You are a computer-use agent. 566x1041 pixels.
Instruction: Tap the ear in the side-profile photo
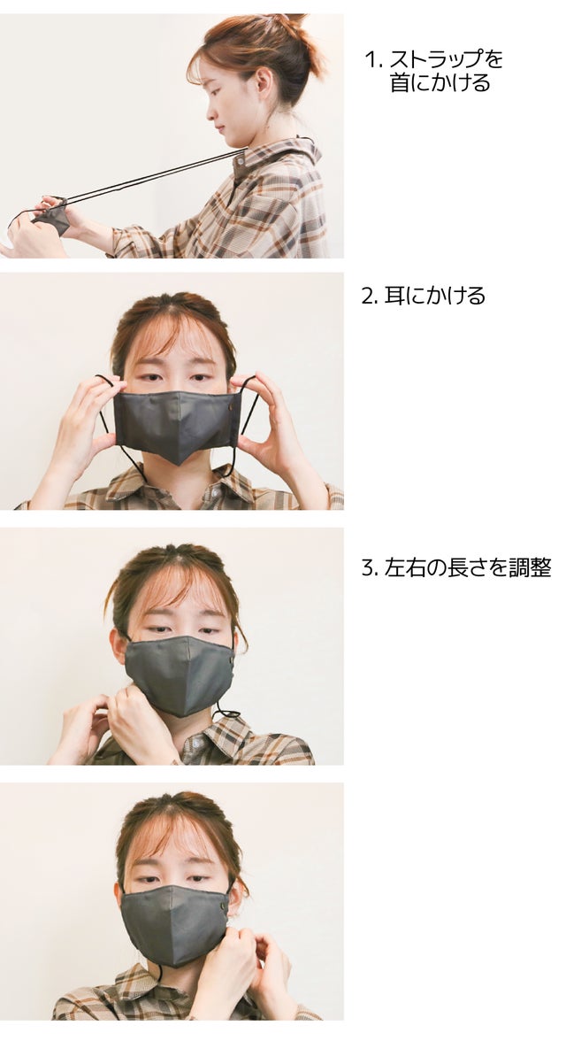pyautogui.click(x=263, y=83)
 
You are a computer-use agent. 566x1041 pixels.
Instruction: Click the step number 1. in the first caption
pyautogui.click(x=374, y=60)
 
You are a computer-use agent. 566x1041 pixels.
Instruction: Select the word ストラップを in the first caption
pyautogui.click(x=446, y=59)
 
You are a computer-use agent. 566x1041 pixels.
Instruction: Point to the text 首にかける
pyautogui.click(x=440, y=82)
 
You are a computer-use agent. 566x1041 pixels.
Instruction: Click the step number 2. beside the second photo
pyautogui.click(x=370, y=296)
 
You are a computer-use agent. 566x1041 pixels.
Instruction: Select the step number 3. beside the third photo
pyautogui.click(x=370, y=569)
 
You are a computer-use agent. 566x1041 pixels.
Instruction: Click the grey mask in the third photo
pyautogui.click(x=180, y=674)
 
